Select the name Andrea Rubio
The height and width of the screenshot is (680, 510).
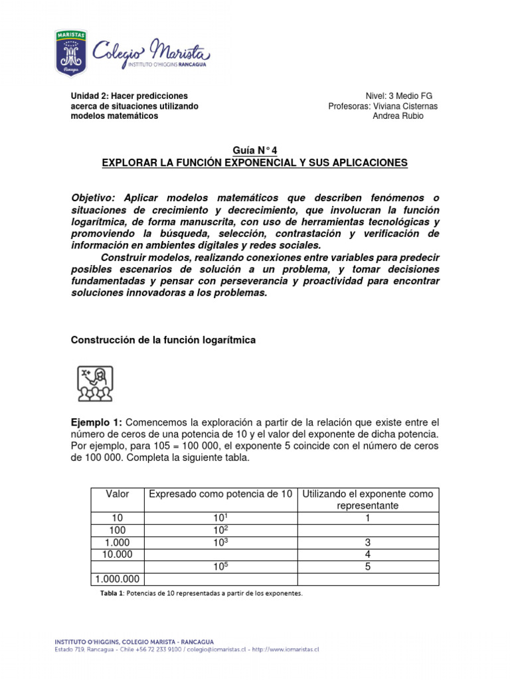[398, 116]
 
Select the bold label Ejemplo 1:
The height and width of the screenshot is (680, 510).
[96, 422]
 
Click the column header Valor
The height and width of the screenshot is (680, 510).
[117, 494]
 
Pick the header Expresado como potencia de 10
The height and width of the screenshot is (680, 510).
[220, 494]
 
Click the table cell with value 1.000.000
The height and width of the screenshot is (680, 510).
[117, 579]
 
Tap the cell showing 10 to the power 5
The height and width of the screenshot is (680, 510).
[220, 567]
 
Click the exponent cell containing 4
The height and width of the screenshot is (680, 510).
[367, 554]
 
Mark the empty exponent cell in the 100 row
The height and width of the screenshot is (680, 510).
[367, 530]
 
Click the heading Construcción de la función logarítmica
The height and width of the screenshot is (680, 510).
[163, 340]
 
